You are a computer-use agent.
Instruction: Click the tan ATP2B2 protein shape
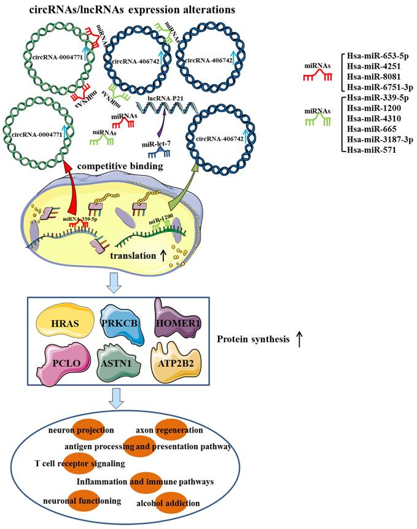tap(176, 363)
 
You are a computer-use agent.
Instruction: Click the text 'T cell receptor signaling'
tap(80, 461)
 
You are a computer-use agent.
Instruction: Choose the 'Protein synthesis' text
tap(253, 338)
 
